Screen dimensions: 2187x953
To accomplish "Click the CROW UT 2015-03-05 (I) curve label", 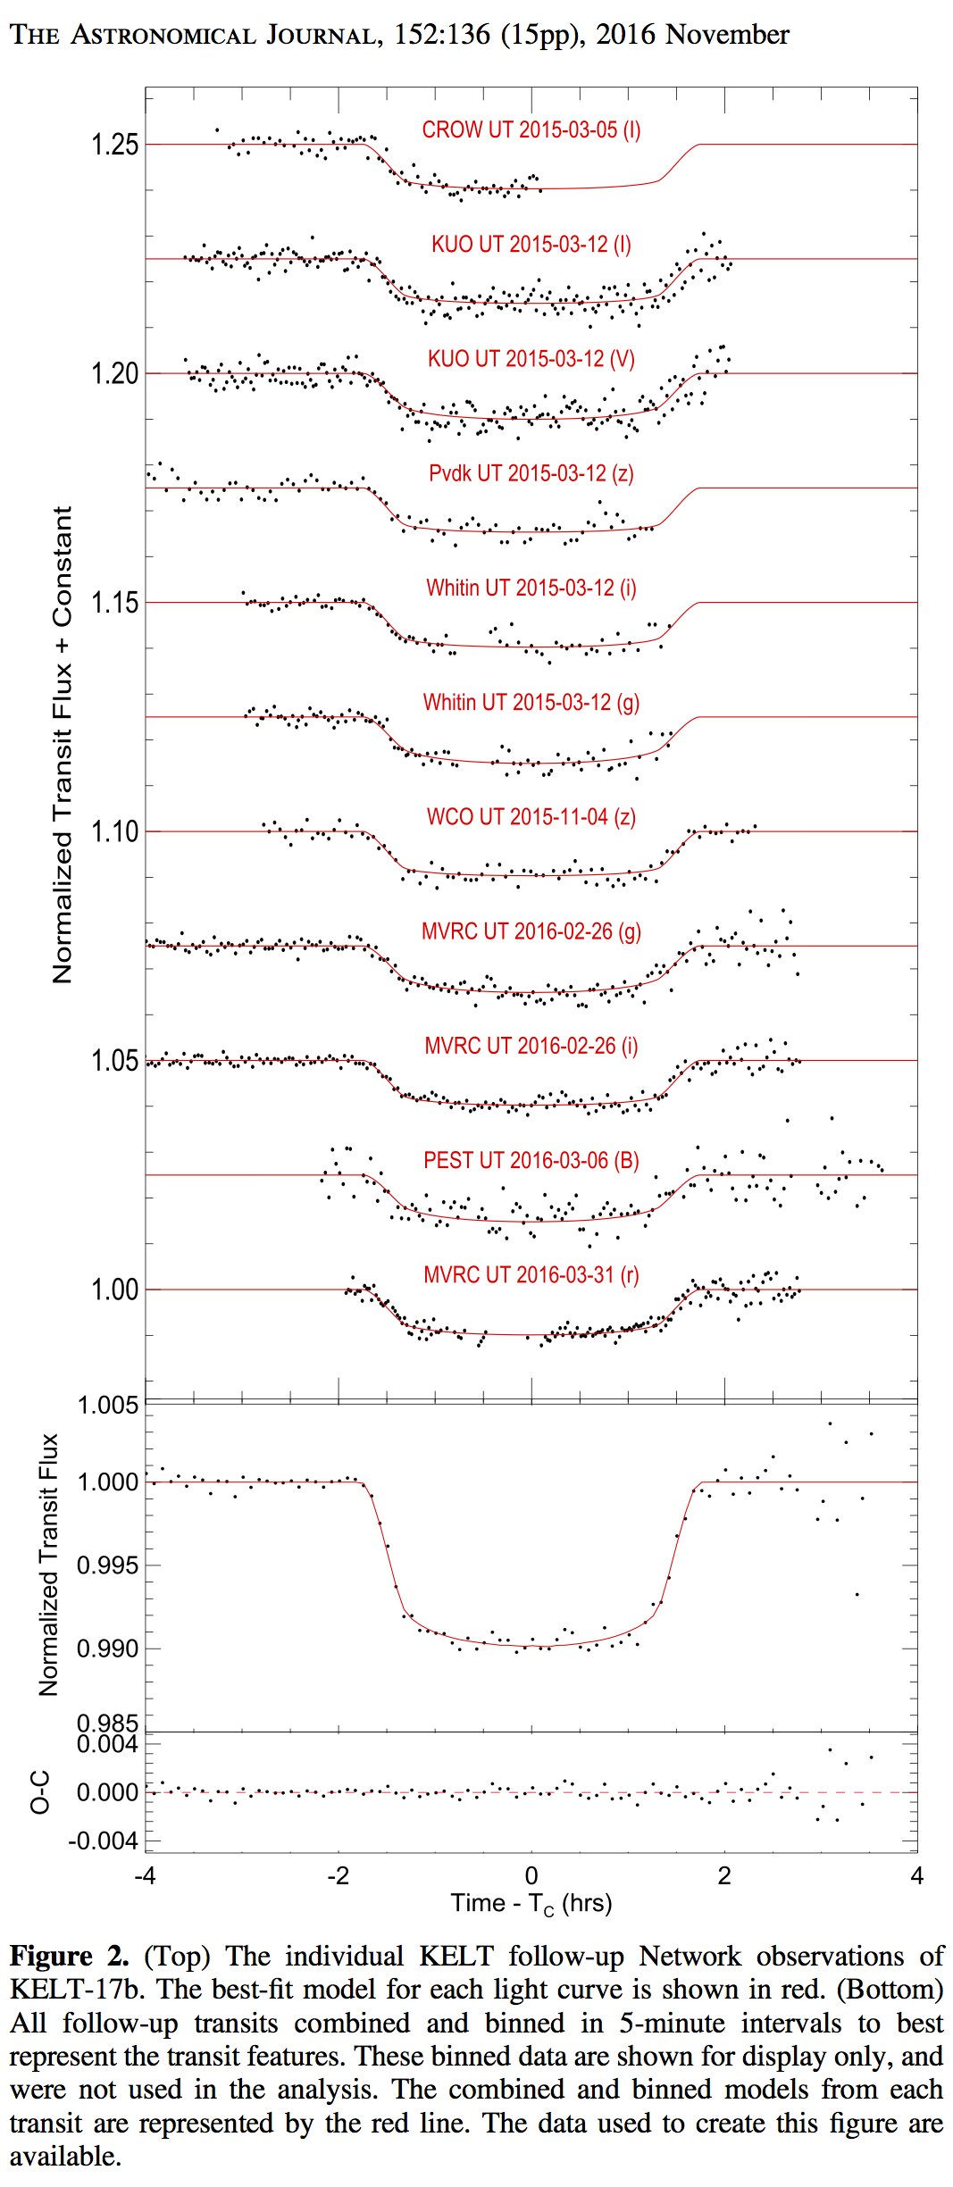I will [531, 130].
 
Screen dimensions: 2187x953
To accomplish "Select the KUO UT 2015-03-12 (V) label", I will [531, 359].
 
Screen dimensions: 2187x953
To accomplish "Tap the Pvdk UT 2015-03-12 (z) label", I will [531, 473].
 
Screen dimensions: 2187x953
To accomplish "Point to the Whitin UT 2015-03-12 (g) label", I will [531, 703].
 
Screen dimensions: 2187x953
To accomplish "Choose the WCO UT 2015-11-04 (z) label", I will [531, 817].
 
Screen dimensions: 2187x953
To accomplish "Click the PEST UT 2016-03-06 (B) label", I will [531, 1160].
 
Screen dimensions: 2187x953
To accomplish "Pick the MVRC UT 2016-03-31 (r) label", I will [531, 1274].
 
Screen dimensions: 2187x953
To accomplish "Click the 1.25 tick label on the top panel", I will [115, 145].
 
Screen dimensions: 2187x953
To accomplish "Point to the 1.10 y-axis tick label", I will [115, 832].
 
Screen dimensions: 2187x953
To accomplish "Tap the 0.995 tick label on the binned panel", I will [107, 1565].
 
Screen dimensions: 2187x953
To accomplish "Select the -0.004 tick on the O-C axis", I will [106, 1841].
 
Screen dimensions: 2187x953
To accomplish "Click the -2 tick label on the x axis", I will [338, 1875].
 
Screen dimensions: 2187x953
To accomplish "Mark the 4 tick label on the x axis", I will [916, 1875].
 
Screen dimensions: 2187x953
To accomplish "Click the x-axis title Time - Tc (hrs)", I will [531, 1903].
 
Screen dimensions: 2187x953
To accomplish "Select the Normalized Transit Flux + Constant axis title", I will [62, 745].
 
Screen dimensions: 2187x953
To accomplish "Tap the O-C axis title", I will [40, 1792].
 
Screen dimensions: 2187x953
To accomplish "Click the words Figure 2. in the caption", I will [69, 1956].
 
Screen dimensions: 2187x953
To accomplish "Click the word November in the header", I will [727, 35].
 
